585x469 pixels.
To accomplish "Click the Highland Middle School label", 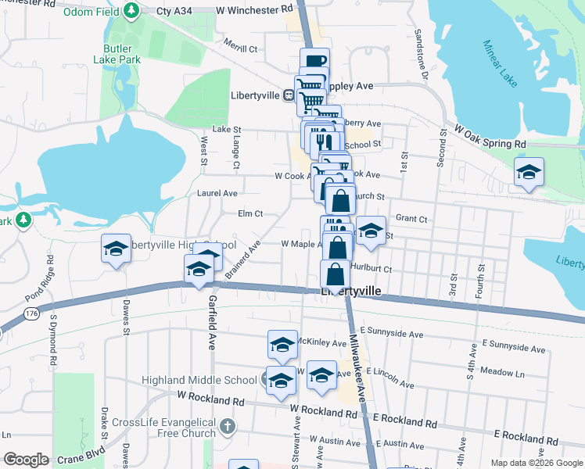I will [x=199, y=381].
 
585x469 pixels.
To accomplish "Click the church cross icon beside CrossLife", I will [x=227, y=427].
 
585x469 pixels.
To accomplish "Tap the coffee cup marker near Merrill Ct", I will [x=314, y=62].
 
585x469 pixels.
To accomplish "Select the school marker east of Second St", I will [x=529, y=171].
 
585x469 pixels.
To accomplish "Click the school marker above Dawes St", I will [x=117, y=250].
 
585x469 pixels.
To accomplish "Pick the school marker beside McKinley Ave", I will [x=282, y=344].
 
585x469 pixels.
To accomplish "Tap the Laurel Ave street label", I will [x=218, y=192].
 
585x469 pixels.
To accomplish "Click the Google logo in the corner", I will [x=26, y=460].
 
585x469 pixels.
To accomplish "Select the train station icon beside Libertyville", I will [x=289, y=95].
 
